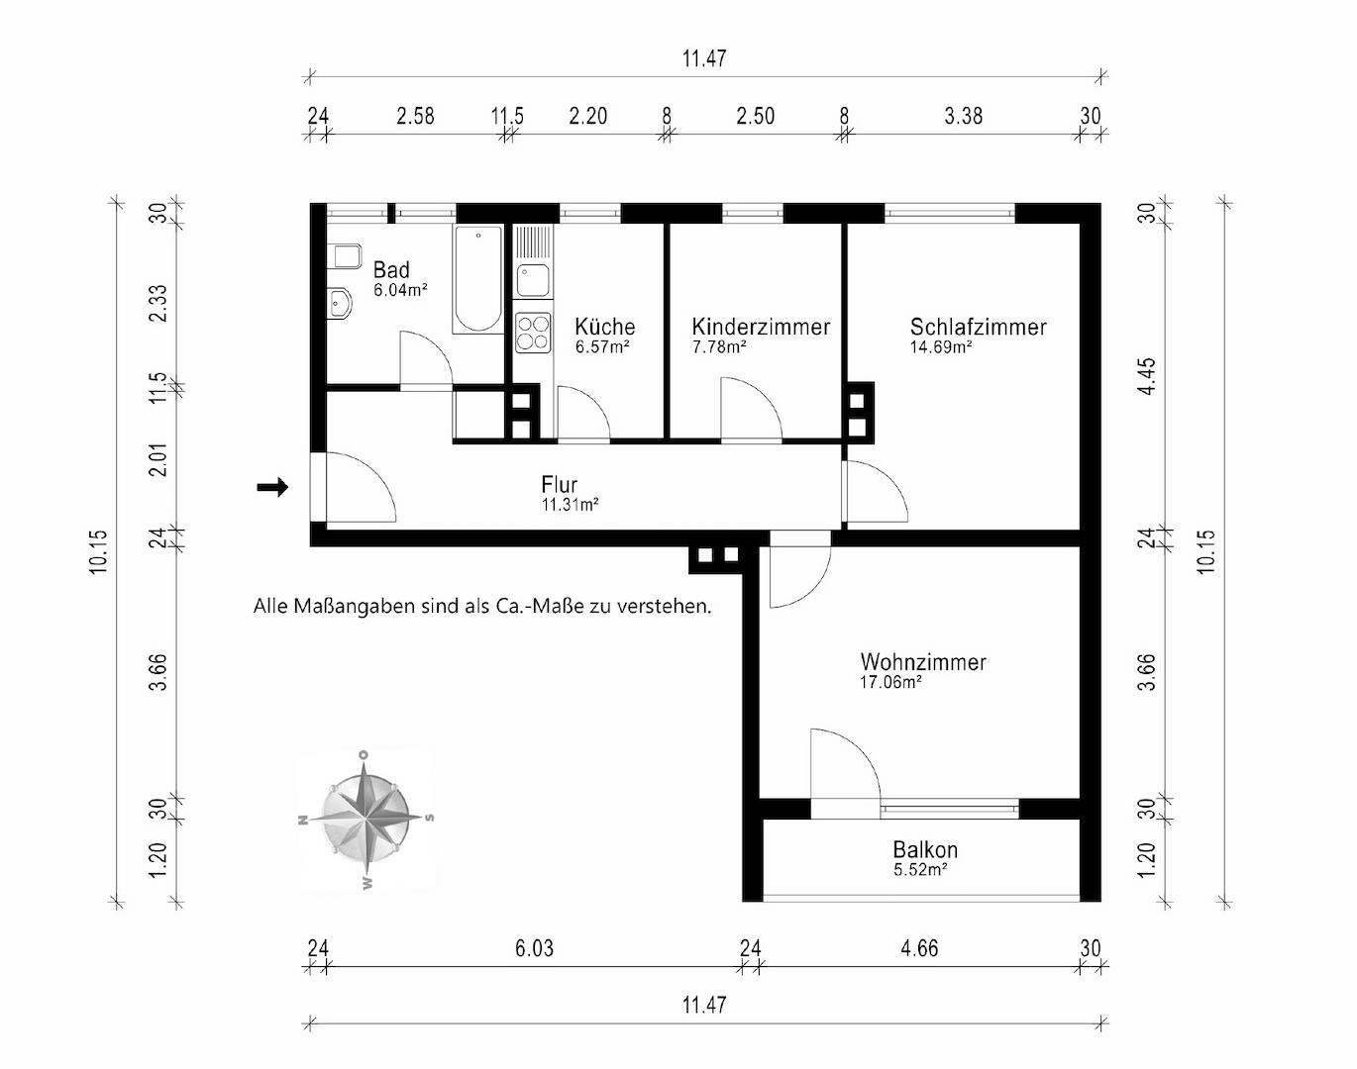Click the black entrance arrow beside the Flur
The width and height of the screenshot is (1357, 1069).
click(x=272, y=487)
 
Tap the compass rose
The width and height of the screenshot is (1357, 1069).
click(x=365, y=819)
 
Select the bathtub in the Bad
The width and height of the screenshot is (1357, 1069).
click(x=478, y=279)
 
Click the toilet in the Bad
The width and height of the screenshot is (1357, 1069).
click(x=344, y=256)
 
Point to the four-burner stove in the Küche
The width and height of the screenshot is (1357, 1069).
click(x=533, y=333)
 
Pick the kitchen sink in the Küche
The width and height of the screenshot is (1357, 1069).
click(x=533, y=280)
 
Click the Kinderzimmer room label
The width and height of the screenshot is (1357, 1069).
click(x=761, y=327)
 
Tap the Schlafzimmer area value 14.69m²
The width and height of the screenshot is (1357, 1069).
click(x=940, y=346)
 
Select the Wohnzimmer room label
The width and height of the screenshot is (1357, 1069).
click(x=923, y=662)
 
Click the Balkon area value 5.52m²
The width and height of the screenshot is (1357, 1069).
click(x=920, y=870)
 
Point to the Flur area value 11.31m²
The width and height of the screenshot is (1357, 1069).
click(x=570, y=504)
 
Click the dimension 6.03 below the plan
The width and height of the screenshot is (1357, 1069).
click(x=534, y=948)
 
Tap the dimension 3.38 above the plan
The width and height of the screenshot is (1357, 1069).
click(x=963, y=116)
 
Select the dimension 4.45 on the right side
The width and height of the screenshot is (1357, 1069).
click(x=1149, y=376)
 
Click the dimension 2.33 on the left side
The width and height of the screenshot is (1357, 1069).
click(x=157, y=303)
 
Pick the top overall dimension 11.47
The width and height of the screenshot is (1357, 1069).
click(x=704, y=58)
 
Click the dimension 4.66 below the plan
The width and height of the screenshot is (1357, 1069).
click(x=919, y=948)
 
